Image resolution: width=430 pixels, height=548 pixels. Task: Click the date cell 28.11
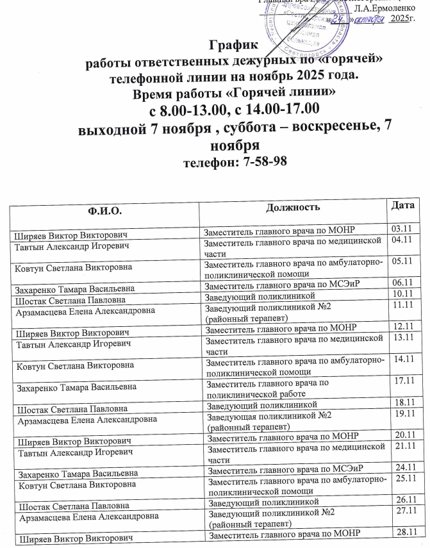(409, 531)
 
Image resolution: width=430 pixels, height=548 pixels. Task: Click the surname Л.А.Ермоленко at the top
(384, 8)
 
